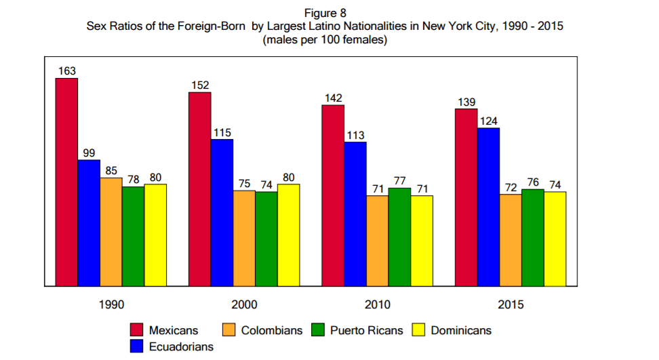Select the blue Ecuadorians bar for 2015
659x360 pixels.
488,207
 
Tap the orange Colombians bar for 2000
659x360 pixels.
244,238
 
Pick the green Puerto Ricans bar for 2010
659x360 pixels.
399,237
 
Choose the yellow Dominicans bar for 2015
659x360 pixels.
555,239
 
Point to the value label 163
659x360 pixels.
66,71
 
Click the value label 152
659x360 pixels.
200,85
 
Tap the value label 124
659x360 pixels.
489,121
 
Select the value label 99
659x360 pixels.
89,153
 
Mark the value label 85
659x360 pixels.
111,171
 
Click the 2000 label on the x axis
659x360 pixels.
244,305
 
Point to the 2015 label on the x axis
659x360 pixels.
511,305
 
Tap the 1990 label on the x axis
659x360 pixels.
111,305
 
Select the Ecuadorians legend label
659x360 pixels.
181,346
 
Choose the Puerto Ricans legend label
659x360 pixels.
366,330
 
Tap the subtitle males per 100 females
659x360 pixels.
325,40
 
